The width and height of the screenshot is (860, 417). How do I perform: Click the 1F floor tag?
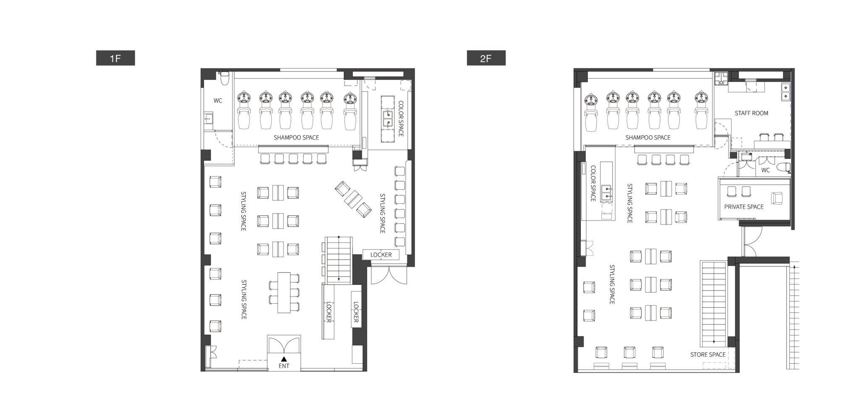(115, 58)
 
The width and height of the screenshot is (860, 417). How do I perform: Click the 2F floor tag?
(486, 58)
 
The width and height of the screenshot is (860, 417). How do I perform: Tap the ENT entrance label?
(284, 366)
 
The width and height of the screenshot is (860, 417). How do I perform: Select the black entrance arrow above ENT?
(284, 359)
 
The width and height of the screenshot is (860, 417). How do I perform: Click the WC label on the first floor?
(218, 101)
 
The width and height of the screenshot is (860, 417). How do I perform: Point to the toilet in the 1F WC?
(225, 78)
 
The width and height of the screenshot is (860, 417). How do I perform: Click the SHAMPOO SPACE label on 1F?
(296, 137)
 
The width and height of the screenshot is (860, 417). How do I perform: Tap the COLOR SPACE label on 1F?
(401, 118)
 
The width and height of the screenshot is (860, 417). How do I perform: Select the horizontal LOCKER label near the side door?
(381, 254)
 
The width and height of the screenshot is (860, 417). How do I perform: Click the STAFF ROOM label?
(751, 113)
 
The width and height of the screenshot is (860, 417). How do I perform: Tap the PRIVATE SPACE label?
(744, 207)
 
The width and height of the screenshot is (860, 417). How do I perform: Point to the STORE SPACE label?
(708, 354)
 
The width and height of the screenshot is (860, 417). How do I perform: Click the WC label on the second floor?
(766, 170)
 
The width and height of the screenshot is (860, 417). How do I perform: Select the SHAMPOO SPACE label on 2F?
(648, 137)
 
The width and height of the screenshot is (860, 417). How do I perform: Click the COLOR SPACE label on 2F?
(593, 183)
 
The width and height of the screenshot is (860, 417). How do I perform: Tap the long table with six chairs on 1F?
(284, 293)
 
